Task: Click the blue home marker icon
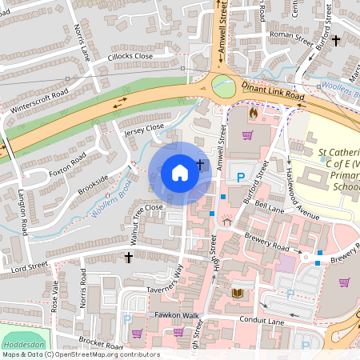(x=180, y=172)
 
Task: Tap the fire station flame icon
(x=254, y=114)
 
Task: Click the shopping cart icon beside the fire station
(x=247, y=134)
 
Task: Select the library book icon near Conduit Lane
(x=237, y=294)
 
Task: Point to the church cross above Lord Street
(x=128, y=257)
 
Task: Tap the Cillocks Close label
(x=130, y=58)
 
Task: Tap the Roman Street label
(x=290, y=34)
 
